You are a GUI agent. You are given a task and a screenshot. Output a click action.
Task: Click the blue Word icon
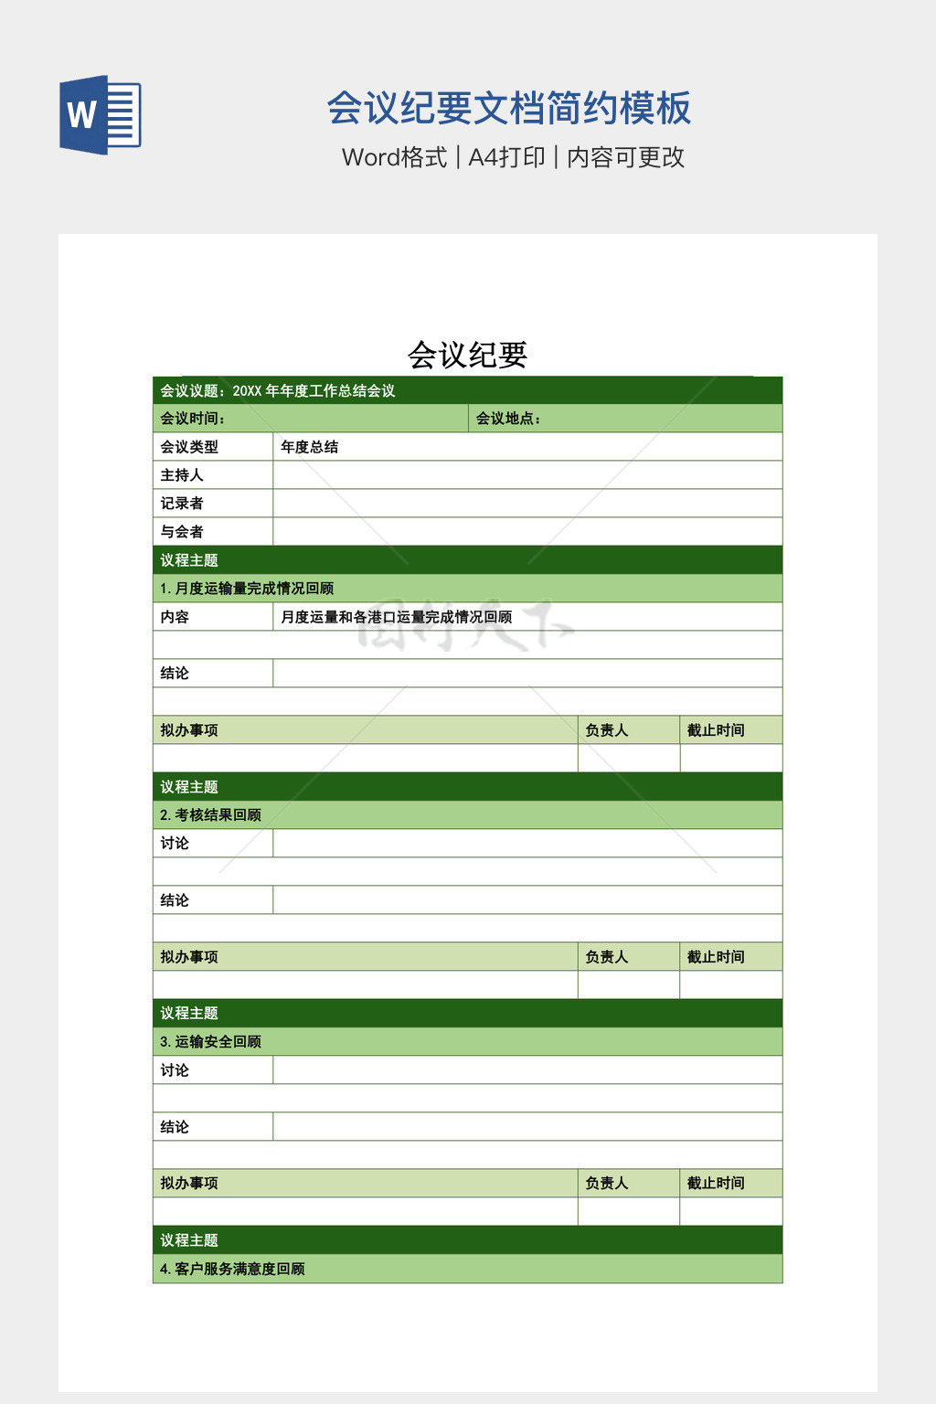tap(100, 115)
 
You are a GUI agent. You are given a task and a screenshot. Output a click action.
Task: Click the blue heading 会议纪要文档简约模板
tap(508, 108)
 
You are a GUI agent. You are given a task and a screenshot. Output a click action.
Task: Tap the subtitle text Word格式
tap(394, 157)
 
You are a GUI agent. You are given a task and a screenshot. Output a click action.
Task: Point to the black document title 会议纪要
tap(467, 355)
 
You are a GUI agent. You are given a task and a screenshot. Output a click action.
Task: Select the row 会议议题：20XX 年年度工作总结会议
tap(278, 391)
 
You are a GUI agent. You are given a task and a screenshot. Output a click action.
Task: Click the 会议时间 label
tap(192, 419)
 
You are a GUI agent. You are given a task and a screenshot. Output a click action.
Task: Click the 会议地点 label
tap(508, 419)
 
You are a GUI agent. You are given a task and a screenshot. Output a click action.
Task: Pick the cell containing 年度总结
tap(310, 447)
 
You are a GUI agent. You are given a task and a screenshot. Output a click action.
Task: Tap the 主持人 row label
tap(182, 475)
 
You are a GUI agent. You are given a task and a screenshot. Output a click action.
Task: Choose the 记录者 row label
tap(182, 504)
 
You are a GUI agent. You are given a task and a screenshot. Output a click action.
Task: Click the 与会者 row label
tap(182, 532)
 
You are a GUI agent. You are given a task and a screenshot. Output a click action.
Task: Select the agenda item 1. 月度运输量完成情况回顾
tap(247, 589)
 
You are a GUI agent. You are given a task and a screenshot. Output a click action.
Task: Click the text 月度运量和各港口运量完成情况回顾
tap(396, 617)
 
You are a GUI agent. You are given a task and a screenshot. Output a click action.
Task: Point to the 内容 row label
tap(175, 617)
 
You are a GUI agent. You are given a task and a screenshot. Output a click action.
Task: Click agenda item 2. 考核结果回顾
tap(211, 815)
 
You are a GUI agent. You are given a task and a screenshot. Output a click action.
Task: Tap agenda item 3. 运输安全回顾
tap(211, 1042)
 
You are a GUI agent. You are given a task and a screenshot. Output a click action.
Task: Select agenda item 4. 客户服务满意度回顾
tap(232, 1269)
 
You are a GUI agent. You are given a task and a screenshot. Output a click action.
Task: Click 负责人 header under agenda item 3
tap(607, 1184)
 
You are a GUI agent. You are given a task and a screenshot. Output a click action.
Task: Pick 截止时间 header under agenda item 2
tap(716, 957)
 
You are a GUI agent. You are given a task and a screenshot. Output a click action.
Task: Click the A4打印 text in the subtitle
tap(506, 157)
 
